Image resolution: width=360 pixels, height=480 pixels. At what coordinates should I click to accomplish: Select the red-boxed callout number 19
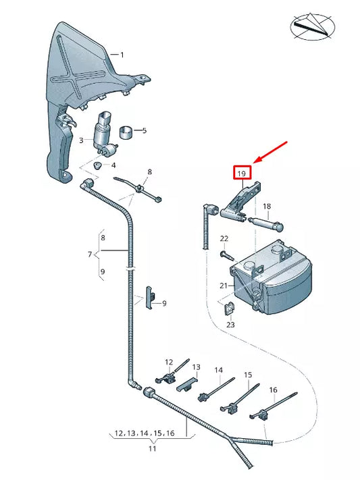coord(242,173)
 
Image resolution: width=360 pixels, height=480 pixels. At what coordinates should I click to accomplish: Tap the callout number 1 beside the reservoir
coord(122,55)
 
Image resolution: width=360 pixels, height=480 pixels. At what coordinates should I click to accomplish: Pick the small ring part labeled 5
coord(126,131)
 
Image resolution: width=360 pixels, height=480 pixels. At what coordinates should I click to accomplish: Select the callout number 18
coord(266,206)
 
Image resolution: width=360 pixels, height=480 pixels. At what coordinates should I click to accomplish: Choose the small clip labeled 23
coord(229,309)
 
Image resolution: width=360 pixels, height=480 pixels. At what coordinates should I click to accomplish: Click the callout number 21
coord(224,286)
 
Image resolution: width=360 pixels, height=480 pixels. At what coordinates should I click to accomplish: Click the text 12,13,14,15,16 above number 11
coord(145,433)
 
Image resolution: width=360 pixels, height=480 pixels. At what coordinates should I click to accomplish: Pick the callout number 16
coord(273,390)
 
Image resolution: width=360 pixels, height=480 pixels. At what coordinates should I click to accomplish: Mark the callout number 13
coord(197,368)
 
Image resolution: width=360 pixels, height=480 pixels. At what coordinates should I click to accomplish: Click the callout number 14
coord(218,370)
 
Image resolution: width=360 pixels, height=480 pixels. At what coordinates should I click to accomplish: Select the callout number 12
coord(169,363)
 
